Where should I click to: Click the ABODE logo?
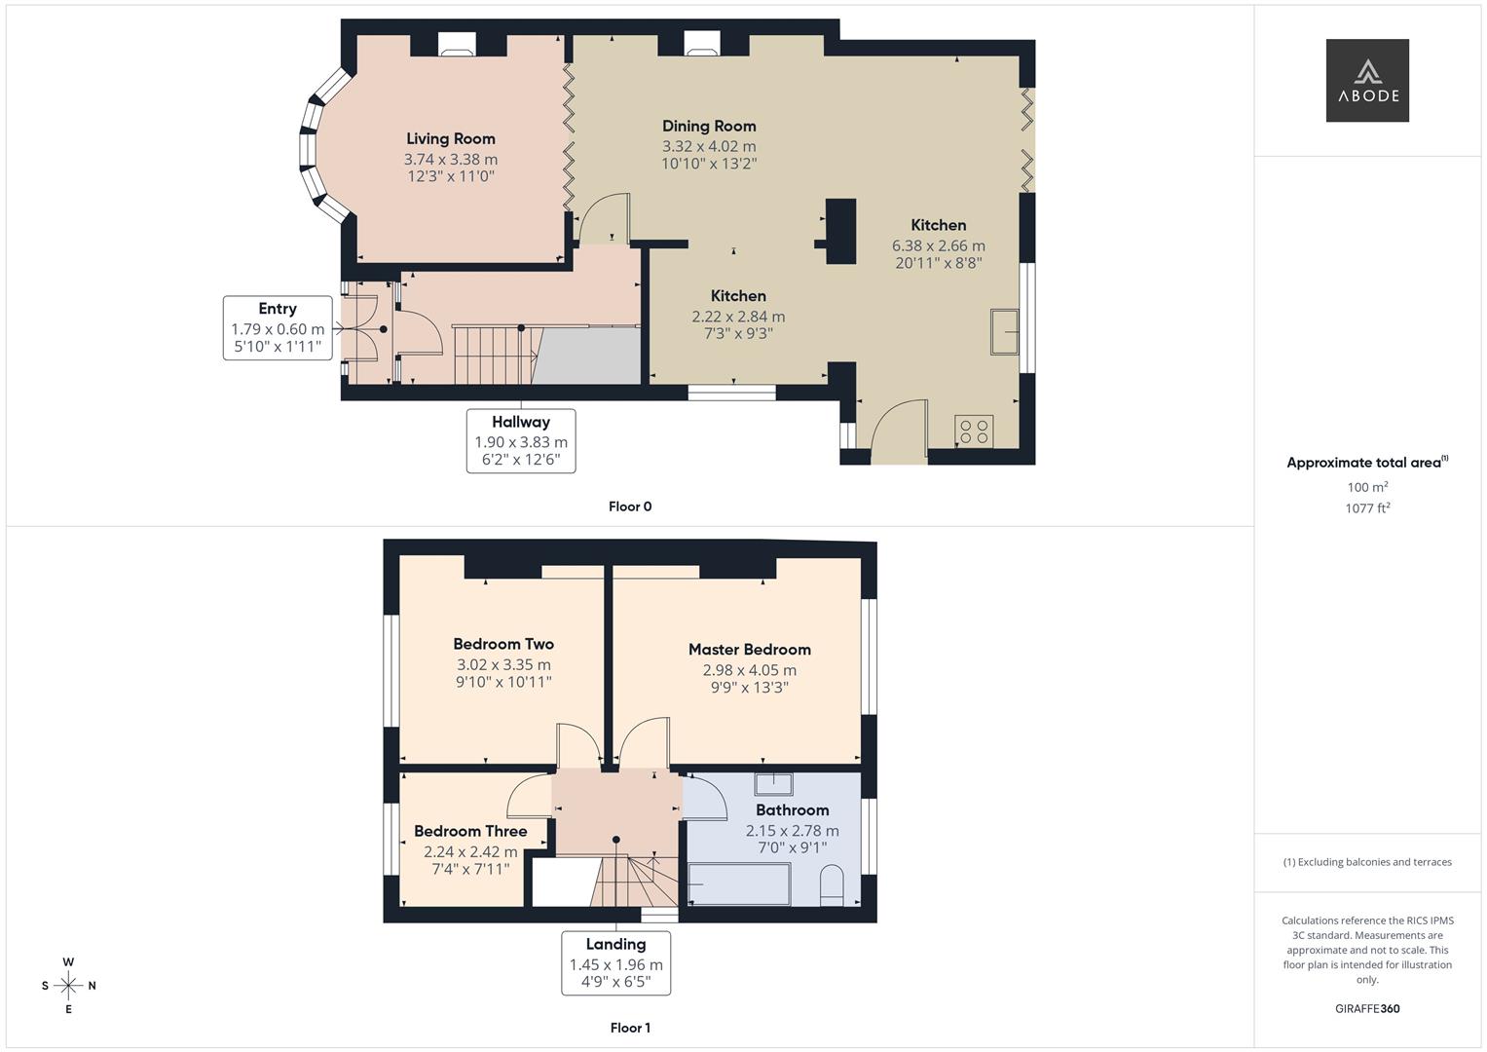(1366, 81)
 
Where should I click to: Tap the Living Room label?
(450, 139)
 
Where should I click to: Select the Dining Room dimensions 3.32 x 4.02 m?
(709, 146)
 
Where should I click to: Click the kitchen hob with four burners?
(974, 431)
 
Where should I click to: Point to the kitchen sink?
(1004, 331)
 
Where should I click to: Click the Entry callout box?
(277, 328)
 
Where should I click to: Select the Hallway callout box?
(520, 441)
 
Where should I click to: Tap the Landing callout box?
(615, 963)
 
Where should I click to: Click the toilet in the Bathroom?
(832, 886)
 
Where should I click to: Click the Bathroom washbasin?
(773, 783)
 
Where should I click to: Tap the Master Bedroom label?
(749, 650)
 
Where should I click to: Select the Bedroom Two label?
(503, 644)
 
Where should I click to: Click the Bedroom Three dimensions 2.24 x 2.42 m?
(470, 851)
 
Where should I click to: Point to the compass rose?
(68, 986)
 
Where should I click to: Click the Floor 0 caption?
(630, 507)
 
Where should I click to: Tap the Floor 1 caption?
(630, 1028)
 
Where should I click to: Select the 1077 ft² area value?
(1367, 507)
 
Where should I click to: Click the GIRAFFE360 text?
(1367, 1008)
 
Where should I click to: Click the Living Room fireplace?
(456, 45)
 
